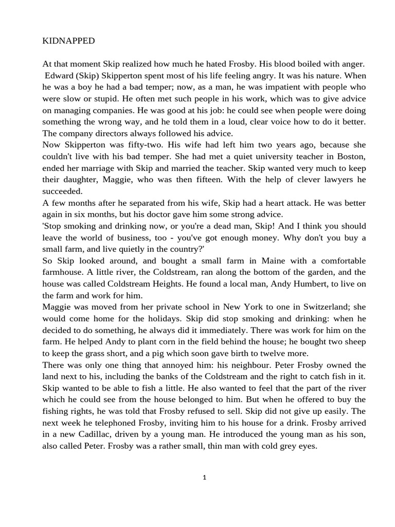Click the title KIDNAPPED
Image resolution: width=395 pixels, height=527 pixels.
[68, 41]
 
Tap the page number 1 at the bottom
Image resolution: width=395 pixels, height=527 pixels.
[204, 478]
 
